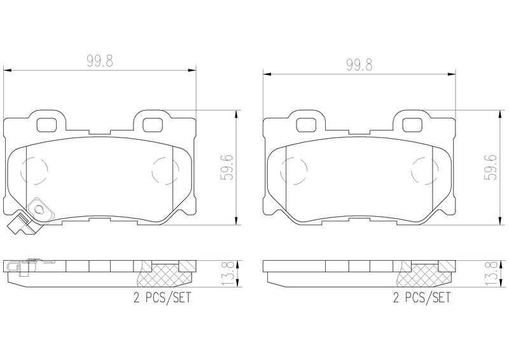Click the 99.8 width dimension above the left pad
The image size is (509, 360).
[100, 60]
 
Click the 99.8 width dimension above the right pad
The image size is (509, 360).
[359, 65]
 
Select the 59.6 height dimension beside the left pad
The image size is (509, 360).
[227, 167]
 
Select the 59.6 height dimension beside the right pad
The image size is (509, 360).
[490, 167]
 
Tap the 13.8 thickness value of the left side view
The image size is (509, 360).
[228, 273]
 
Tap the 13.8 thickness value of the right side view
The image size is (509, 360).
[491, 273]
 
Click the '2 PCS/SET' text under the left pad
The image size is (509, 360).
[162, 297]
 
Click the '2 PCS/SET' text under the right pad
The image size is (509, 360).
[422, 297]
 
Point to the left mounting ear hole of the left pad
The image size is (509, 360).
[46, 125]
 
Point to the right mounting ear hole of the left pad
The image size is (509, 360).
[152, 125]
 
